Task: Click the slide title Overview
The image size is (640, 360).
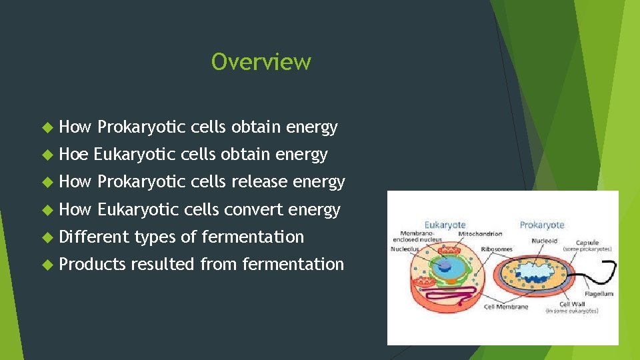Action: point(261,62)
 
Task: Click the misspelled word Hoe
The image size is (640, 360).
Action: point(73,155)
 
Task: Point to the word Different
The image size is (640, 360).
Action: point(93,237)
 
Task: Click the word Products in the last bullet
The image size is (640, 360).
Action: point(92,264)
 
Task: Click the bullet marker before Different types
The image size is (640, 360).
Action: point(46,237)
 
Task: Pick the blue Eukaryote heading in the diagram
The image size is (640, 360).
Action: point(445,225)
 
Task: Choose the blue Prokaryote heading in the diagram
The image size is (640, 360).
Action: point(541,225)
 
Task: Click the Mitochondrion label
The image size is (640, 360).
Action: point(480,235)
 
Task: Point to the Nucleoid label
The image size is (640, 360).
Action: point(545,241)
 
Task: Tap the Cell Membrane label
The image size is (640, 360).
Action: point(505,307)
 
